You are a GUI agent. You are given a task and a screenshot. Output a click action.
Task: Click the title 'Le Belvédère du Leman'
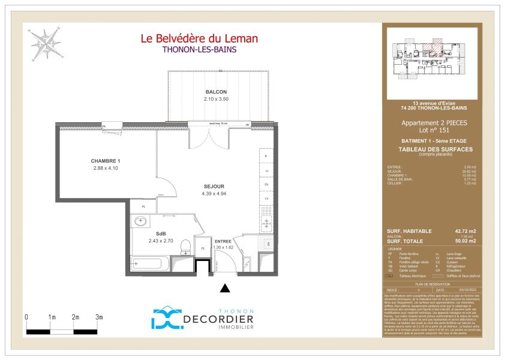pyautogui.click(x=199, y=39)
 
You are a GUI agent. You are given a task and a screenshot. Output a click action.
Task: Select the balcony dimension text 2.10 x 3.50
pyautogui.click(x=216, y=99)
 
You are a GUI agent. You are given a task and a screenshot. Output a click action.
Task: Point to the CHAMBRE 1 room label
pyautogui.click(x=106, y=161)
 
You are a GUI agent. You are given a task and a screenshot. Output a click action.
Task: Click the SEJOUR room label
pyautogui.click(x=213, y=187)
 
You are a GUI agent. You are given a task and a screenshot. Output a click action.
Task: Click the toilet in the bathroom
pyautogui.click(x=186, y=246)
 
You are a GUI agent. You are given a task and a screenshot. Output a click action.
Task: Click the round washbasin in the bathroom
pyautogui.click(x=142, y=221)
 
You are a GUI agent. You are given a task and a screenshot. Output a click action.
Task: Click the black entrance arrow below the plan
pyautogui.click(x=225, y=289)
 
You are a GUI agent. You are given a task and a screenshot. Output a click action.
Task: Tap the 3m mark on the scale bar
pyautogui.click(x=100, y=317)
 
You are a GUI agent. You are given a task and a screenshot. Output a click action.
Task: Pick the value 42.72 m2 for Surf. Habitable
pyautogui.click(x=464, y=232)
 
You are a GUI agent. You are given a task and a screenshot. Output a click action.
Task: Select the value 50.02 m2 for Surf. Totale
pyautogui.click(x=464, y=241)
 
